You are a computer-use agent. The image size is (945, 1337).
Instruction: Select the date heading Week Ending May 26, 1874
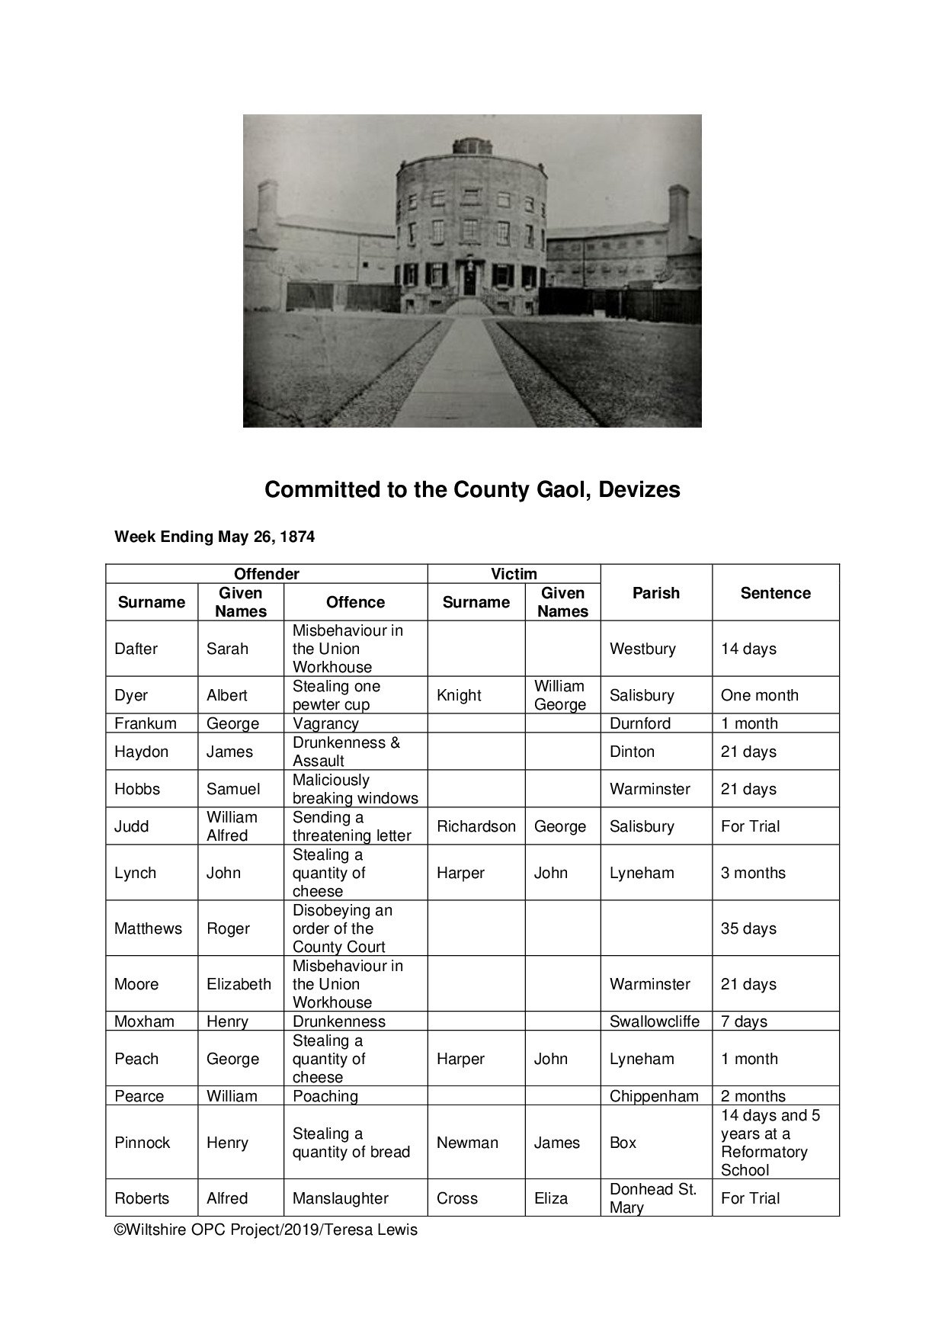pyautogui.click(x=214, y=537)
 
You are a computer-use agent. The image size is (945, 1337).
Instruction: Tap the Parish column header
pyautogui.click(x=655, y=593)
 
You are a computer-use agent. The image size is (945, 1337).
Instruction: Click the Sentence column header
pyautogui.click(x=775, y=593)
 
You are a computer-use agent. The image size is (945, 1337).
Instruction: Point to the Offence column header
pyautogui.click(x=355, y=602)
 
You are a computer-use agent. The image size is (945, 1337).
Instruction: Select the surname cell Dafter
pyautogui.click(x=136, y=649)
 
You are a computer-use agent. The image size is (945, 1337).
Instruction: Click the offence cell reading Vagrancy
pyautogui.click(x=325, y=723)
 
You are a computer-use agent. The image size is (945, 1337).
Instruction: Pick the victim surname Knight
pyautogui.click(x=459, y=695)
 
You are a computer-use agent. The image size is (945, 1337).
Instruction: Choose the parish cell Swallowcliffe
pyautogui.click(x=654, y=1021)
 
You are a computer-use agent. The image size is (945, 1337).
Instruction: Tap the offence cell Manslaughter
pyautogui.click(x=341, y=1198)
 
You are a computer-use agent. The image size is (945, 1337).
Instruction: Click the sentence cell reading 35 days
pyautogui.click(x=748, y=928)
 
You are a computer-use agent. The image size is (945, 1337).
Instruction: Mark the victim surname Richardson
pyautogui.click(x=476, y=826)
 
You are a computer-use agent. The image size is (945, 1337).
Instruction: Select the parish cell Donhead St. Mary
pyautogui.click(x=653, y=1198)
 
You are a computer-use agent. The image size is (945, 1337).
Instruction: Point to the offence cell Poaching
pyautogui.click(x=325, y=1096)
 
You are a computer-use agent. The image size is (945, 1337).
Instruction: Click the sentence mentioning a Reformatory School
pyautogui.click(x=770, y=1143)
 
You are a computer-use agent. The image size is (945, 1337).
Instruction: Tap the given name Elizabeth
pyautogui.click(x=239, y=984)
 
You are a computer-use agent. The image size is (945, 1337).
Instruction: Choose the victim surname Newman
pyautogui.click(x=467, y=1143)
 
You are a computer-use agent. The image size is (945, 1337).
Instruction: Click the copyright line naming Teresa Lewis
pyautogui.click(x=266, y=1230)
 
